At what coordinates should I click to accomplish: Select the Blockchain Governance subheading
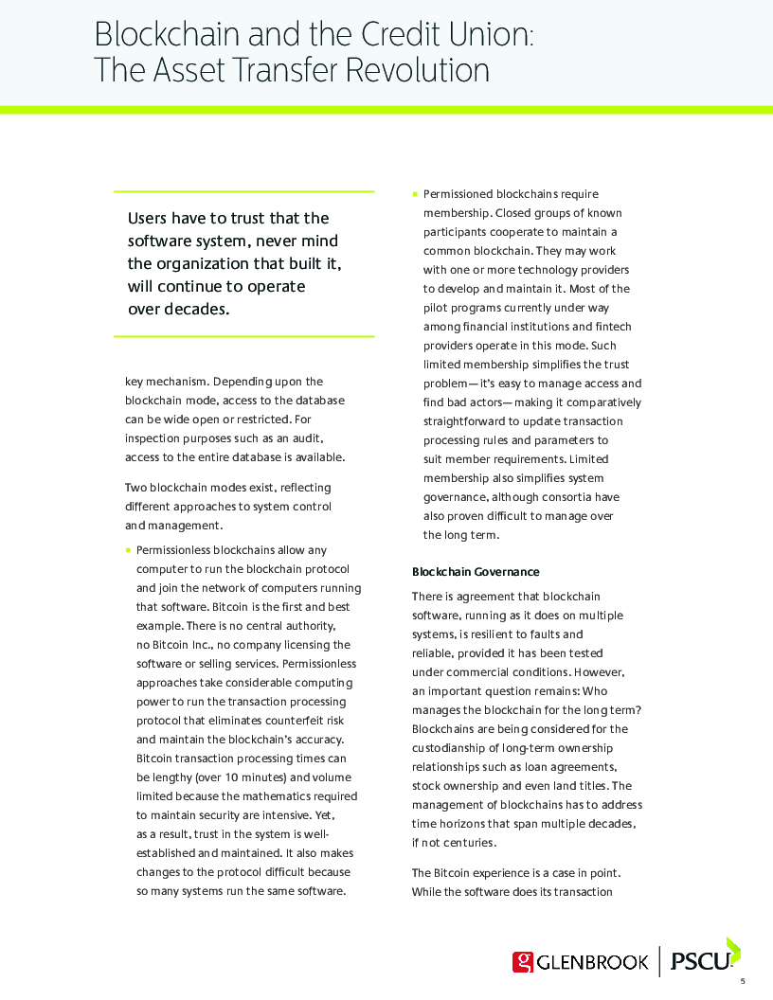[476, 572]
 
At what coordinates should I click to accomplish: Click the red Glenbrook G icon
[523, 962]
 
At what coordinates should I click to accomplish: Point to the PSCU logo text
[700, 962]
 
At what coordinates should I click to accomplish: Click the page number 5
[743, 981]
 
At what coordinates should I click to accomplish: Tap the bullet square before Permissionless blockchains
[128, 550]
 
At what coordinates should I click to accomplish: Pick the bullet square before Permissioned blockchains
[415, 194]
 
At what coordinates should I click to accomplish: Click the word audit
[308, 438]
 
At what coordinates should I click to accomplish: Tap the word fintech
[613, 327]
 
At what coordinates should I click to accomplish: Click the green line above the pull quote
[243, 191]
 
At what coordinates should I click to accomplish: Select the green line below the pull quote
[243, 336]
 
